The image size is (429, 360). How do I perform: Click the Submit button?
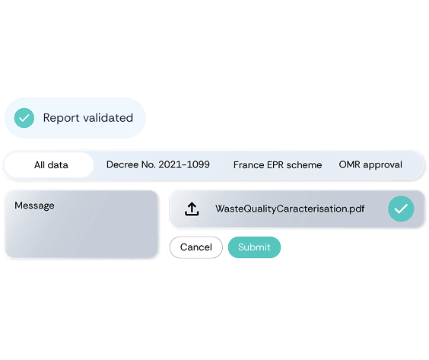coord(254,247)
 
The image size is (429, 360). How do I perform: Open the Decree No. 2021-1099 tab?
coord(158,165)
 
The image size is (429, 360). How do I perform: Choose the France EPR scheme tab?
coord(278,165)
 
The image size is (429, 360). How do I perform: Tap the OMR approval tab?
coord(370,165)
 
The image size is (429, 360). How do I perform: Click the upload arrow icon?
coord(192,209)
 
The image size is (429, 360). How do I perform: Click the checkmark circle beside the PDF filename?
coord(401,209)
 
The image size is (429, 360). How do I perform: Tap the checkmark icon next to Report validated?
coord(24,118)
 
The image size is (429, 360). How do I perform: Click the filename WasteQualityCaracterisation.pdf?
coord(290,209)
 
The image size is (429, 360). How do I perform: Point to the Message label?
coord(34,205)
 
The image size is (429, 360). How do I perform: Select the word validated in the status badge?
coord(108,118)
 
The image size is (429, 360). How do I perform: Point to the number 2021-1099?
coord(184,165)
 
